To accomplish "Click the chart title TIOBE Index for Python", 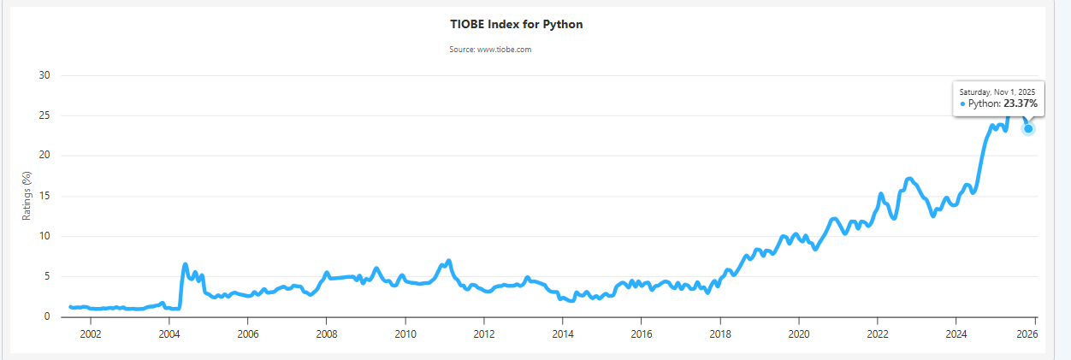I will pos(516,24).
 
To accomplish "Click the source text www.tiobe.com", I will pos(490,50).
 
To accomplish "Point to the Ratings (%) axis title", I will pos(27,196).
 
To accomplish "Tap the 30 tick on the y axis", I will pos(45,75).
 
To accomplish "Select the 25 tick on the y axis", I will pos(45,115).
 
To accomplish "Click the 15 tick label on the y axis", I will pos(45,196).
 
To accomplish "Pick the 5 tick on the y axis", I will pos(48,276).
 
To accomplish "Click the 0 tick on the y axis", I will pos(48,316).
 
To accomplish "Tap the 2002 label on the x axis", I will pos(90,333).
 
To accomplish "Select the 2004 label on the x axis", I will pos(169,333).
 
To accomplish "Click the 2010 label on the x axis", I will pos(405,333).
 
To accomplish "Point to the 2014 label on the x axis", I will pos(562,333).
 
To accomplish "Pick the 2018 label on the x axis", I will pos(719,333).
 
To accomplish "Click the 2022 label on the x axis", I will pos(877,333).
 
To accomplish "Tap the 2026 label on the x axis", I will pos(1027,333).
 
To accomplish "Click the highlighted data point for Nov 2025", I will pos(1028,128).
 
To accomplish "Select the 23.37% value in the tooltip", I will pos(1021,103).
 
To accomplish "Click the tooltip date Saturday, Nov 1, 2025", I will pos(997,91).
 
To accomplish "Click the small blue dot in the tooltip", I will pos(962,103).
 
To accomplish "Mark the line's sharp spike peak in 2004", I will pos(185,264).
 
